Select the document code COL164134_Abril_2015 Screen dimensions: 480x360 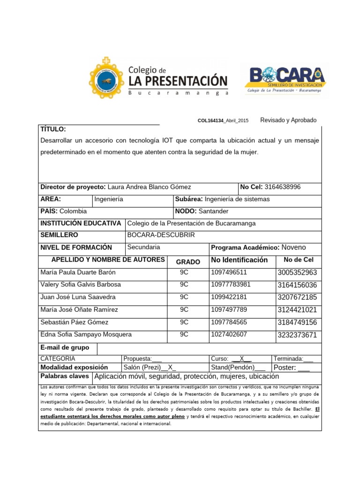click(223, 121)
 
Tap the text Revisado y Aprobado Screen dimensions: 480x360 click(288, 120)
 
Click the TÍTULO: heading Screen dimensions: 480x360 click(53, 129)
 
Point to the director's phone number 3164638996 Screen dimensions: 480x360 click(283, 187)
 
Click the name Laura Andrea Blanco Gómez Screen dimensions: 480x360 click(150, 187)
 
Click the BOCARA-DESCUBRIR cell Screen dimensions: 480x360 click(161, 235)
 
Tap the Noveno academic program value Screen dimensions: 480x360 click(293, 247)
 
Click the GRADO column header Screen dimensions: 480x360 click(187, 262)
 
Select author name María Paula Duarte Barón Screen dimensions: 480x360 click(78, 272)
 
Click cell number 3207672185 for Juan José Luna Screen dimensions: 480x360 click(297, 297)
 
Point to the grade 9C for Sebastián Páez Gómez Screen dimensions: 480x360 click(184, 322)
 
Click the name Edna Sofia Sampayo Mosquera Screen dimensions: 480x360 click(86, 335)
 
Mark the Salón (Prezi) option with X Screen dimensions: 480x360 click(150, 367)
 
